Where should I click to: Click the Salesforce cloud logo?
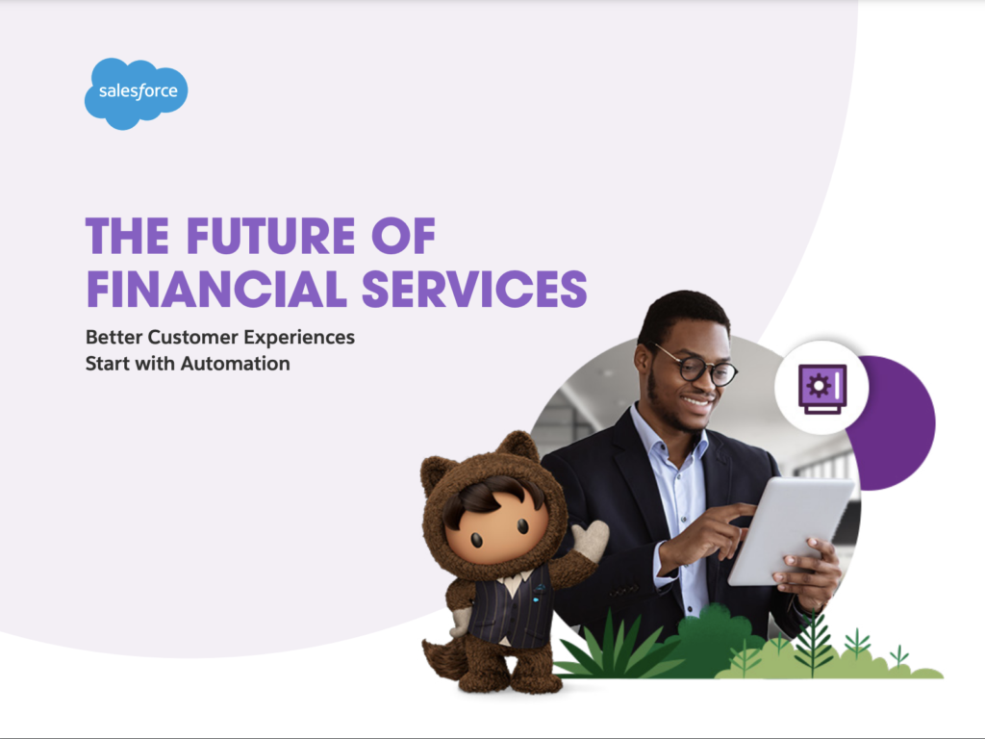click(x=136, y=93)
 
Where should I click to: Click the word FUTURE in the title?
click(x=270, y=236)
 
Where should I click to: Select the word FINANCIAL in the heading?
click(x=216, y=289)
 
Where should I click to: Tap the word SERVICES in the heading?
click(x=474, y=289)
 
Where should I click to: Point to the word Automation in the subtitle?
click(x=236, y=363)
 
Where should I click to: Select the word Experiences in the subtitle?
click(x=299, y=338)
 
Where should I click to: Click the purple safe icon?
click(x=822, y=389)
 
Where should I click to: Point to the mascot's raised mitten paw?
click(x=590, y=540)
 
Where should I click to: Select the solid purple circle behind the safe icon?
click(x=898, y=423)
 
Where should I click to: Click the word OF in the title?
click(x=403, y=236)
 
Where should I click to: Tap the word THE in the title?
click(x=128, y=236)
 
